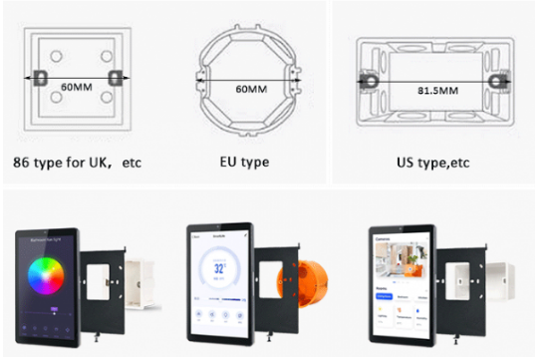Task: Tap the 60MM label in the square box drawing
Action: pyautogui.click(x=77, y=89)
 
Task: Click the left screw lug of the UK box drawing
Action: pyautogui.click(x=41, y=77)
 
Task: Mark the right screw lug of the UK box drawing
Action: pyautogui.click(x=113, y=77)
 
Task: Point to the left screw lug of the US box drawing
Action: pyautogui.click(x=366, y=77)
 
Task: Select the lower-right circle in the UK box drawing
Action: pyautogui.click(x=98, y=101)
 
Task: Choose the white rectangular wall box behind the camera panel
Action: pyautogui.click(x=489, y=283)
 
